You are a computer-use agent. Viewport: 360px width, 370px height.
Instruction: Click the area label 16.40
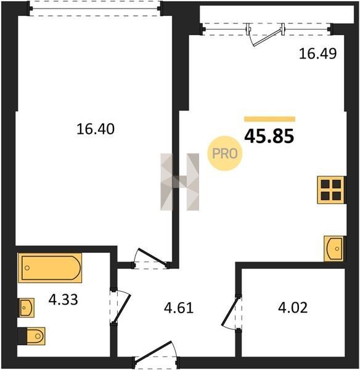[x=96, y=129]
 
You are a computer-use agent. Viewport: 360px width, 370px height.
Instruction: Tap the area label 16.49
[x=317, y=54]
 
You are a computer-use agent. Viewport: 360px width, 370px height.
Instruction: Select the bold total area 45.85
[x=269, y=136]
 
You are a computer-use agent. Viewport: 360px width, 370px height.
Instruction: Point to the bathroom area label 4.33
[x=63, y=300]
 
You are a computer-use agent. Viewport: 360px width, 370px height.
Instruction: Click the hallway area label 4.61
[x=179, y=308]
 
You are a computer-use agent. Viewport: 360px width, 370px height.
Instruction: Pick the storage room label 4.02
[x=293, y=308]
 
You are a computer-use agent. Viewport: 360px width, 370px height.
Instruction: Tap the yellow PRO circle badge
[x=225, y=154]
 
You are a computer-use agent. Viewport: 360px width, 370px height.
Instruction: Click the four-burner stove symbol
[x=331, y=190]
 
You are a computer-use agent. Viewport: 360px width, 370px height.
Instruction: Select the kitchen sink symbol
[x=333, y=249]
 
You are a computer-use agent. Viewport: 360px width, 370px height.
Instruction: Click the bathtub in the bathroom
[x=50, y=268]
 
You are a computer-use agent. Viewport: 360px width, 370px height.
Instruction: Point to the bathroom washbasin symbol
[x=27, y=308]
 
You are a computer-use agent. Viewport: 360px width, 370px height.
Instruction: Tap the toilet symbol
[x=32, y=336]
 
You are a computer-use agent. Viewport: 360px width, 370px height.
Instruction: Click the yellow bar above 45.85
[x=269, y=119]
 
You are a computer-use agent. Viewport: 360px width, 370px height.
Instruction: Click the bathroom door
[x=121, y=306]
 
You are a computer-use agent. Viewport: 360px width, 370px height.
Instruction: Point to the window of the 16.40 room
[x=95, y=9]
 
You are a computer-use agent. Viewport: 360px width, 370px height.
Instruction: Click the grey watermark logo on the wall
[x=180, y=182]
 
